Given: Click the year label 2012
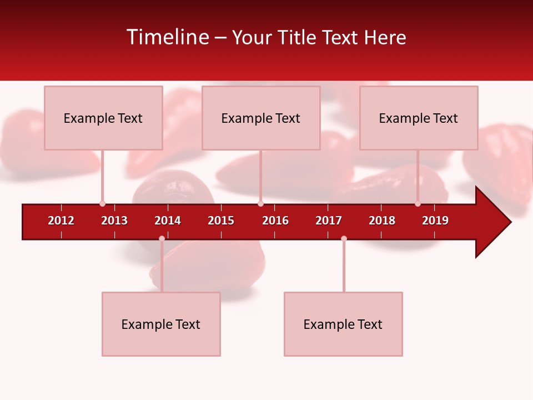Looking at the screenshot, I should point(61,221).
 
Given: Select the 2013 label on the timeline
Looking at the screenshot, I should point(114,221).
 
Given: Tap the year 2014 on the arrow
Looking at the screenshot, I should point(168,221).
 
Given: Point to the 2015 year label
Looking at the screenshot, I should point(221,221).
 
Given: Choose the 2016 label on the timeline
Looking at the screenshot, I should point(275,221).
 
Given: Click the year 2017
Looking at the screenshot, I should point(329,221).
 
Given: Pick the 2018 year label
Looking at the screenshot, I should point(382,221).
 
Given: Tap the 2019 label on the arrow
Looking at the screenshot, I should point(435,221).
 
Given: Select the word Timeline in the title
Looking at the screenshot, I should point(168,37).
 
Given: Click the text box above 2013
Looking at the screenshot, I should point(103,118).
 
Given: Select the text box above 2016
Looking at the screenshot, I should point(261,118).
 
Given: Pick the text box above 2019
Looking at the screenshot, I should point(419,118).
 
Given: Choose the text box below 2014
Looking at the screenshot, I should point(161,324).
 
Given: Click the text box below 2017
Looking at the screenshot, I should point(343,324).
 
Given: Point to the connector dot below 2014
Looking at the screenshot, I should point(162,238).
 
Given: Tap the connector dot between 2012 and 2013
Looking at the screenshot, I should point(102,204).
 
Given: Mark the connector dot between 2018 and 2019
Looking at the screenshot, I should point(418,204).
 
